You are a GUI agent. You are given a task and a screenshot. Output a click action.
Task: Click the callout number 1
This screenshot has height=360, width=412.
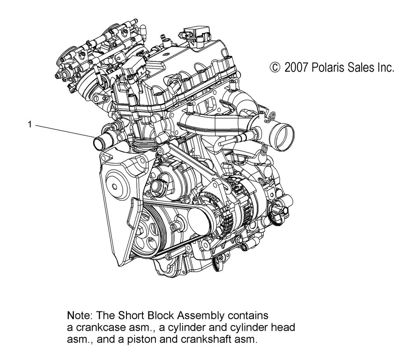click(30, 124)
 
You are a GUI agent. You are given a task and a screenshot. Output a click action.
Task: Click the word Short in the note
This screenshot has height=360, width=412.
click(131, 315)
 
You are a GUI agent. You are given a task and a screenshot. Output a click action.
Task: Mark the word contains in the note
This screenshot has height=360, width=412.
click(248, 316)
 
